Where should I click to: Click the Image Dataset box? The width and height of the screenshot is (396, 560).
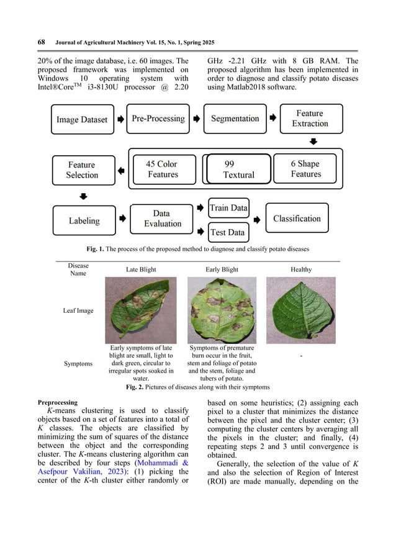point(82,120)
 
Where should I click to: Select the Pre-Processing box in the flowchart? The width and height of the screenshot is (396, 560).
point(158,118)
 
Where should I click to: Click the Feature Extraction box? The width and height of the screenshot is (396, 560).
point(309,118)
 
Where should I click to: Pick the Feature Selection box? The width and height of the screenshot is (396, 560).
point(82,169)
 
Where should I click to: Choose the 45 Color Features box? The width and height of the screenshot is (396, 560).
point(162,169)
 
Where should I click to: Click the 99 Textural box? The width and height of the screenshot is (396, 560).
point(239,169)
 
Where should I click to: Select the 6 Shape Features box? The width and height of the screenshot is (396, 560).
point(306,169)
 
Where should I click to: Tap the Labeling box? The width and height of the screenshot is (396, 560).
point(84,220)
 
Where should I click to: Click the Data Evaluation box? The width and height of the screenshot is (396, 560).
point(162,219)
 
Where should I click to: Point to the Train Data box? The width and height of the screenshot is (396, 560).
point(228,208)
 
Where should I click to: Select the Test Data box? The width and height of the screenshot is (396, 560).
point(228,232)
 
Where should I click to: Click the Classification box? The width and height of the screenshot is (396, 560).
point(297,219)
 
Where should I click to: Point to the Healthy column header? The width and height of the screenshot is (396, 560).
point(301,269)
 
